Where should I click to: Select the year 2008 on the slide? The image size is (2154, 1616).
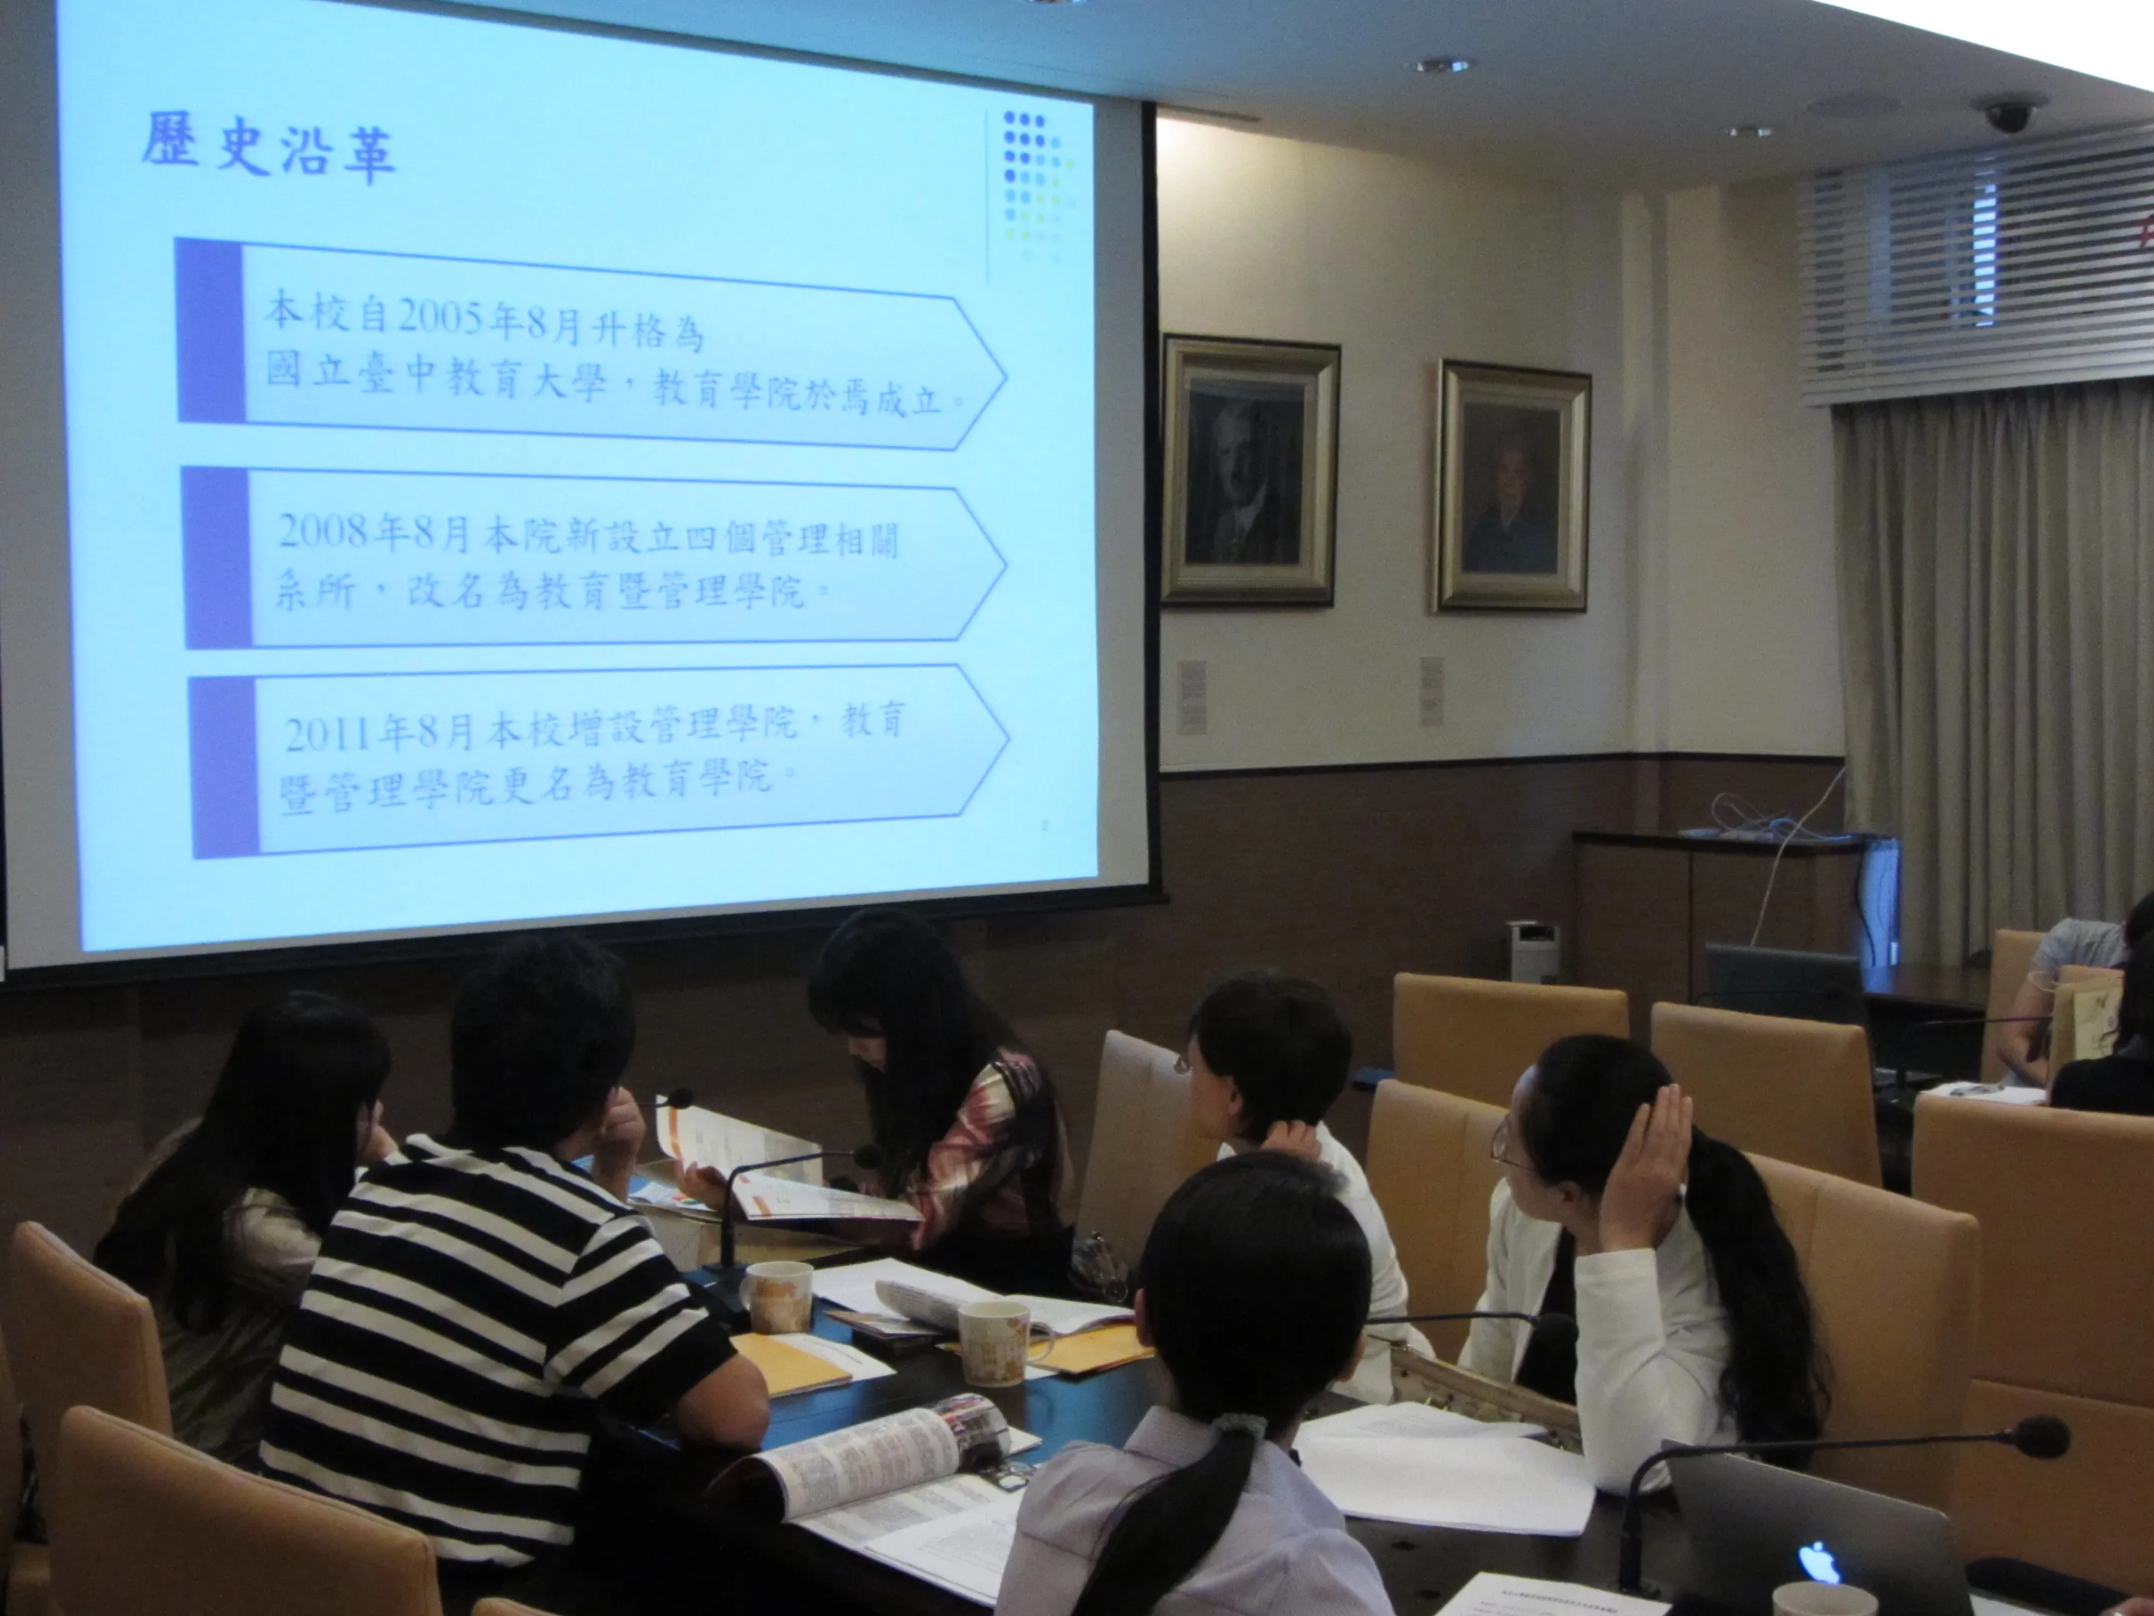click(x=325, y=532)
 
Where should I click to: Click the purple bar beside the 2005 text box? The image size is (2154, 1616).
click(x=210, y=331)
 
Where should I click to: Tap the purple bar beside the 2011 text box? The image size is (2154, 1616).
click(x=224, y=767)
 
